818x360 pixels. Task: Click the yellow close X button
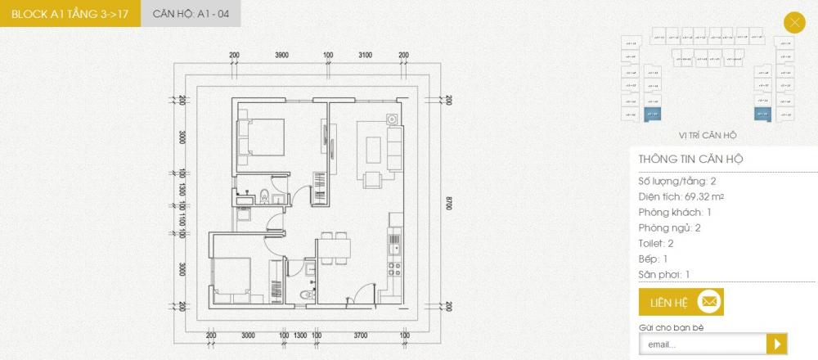pos(793,22)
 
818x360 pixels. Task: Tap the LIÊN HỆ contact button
pos(681,303)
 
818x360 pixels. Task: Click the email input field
pos(702,344)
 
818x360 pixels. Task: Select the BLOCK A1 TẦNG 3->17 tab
pos(70,14)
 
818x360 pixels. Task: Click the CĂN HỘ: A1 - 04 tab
pos(191,14)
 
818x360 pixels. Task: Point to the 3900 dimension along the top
pos(281,55)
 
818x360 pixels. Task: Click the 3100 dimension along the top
pos(365,55)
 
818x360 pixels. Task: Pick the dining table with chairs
pos(335,247)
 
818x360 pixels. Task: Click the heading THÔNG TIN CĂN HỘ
pos(690,159)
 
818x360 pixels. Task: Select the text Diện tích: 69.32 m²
pos(681,196)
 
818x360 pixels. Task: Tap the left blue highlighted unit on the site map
pos(653,114)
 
